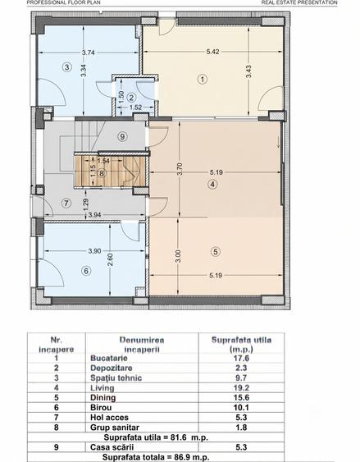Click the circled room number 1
point(203,79)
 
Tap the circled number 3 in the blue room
point(67,67)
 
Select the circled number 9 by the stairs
point(122,136)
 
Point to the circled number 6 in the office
point(86,271)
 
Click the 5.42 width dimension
point(212,52)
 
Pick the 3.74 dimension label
point(89,53)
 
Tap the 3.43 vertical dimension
point(248,71)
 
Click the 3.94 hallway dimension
point(95,215)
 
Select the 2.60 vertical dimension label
point(110,259)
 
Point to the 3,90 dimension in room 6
point(94,251)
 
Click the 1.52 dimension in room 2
point(135,107)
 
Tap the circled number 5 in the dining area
point(216,252)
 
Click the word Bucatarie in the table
point(109,358)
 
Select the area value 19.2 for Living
point(241,388)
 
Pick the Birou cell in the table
point(101,408)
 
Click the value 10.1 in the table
point(241,408)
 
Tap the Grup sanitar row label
point(115,428)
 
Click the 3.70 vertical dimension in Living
point(180,169)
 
